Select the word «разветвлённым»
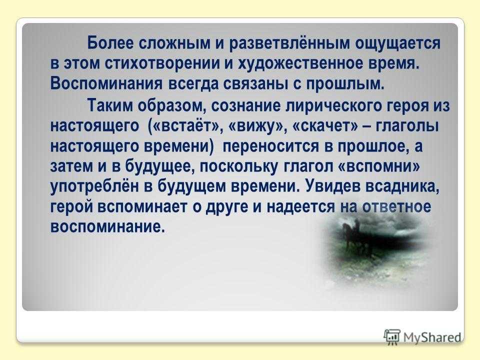click(289, 43)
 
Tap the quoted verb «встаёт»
click(185, 126)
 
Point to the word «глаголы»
click(406, 126)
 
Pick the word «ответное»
click(396, 207)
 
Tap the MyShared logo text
click(432, 337)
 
